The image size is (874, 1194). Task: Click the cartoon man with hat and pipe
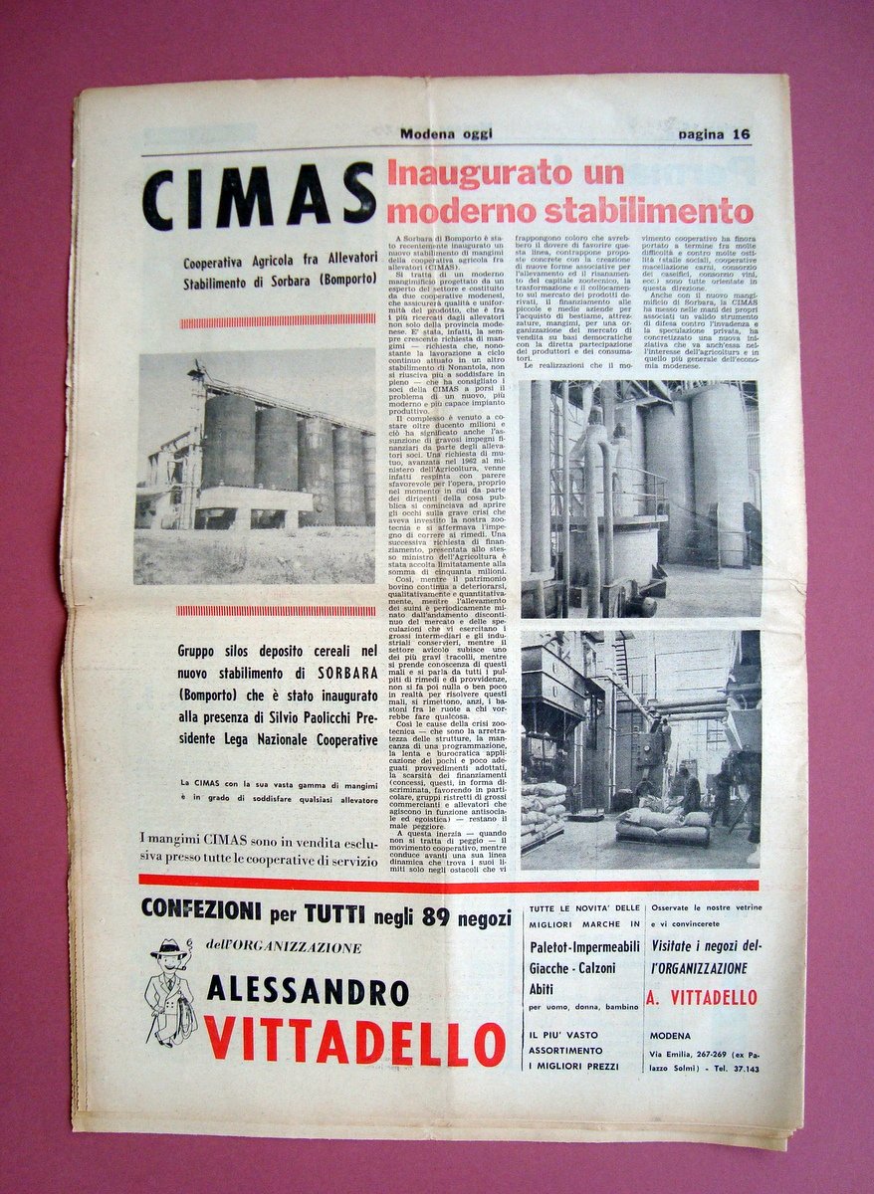point(170,990)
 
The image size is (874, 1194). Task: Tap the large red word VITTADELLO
point(354,1043)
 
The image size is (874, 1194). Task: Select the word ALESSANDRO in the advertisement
point(308,991)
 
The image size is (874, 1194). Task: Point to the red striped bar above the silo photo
point(278,320)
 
